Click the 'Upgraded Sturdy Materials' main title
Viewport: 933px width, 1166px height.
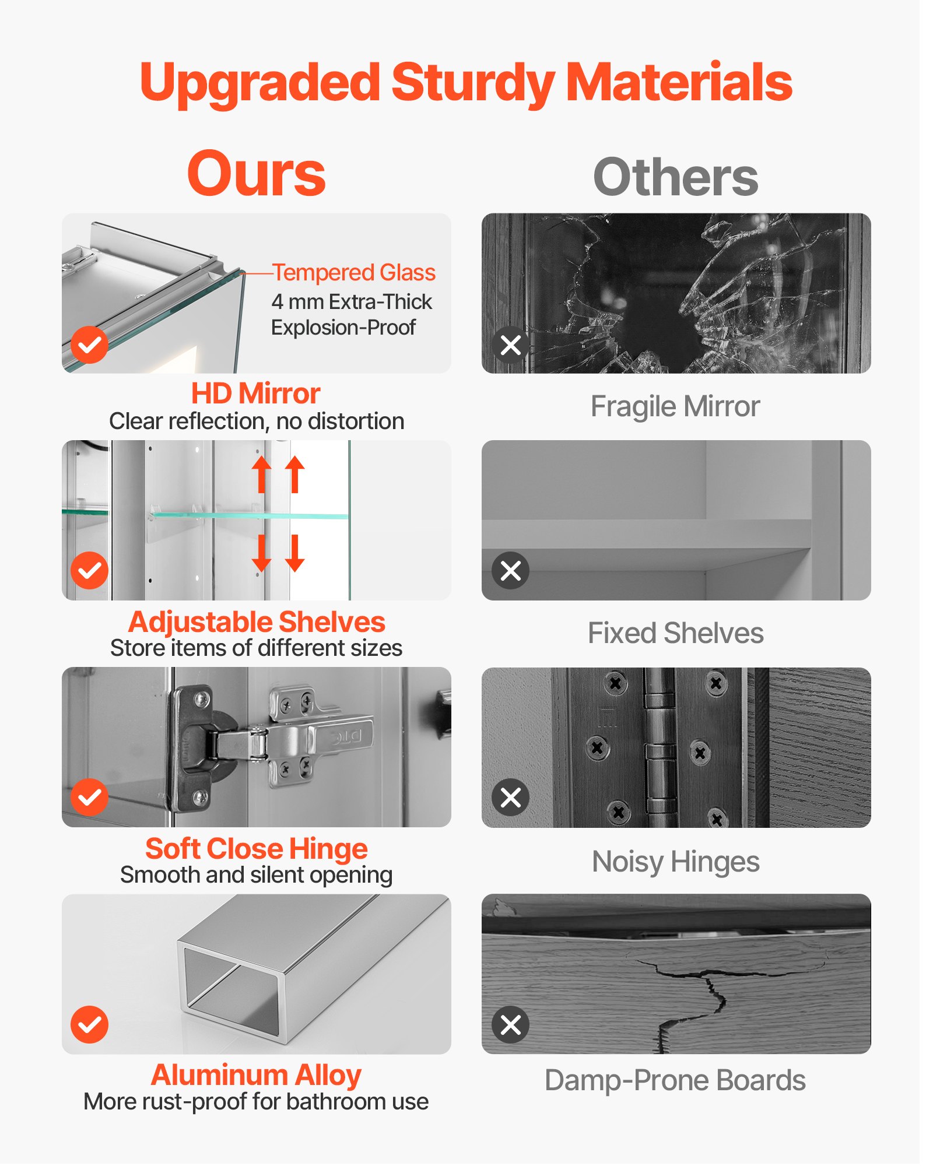pos(466,83)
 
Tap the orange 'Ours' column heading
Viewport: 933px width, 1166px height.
pos(256,174)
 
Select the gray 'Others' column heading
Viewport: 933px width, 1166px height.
pos(676,177)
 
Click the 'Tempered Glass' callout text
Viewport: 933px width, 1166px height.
pos(354,272)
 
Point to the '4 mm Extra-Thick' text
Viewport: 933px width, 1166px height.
pos(352,301)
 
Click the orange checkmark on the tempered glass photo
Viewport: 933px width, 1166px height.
pos(89,345)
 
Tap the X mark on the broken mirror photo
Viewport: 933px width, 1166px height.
pos(511,345)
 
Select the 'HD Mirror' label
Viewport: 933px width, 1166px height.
pos(256,394)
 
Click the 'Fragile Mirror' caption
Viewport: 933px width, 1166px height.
pos(675,406)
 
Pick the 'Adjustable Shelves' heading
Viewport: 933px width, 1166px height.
pos(257,622)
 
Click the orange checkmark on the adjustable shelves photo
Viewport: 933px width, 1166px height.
pos(89,570)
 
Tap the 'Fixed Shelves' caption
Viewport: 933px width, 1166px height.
pos(675,633)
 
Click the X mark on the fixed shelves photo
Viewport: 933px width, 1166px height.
pos(511,570)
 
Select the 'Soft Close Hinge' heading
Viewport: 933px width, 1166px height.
pos(257,849)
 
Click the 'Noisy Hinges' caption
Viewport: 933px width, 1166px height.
pos(675,862)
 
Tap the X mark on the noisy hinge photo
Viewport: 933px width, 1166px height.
pos(511,797)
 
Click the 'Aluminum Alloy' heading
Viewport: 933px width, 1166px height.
pos(256,1075)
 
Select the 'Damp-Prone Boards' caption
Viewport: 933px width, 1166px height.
pos(675,1080)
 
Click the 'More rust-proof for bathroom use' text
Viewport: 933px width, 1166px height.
pos(256,1102)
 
